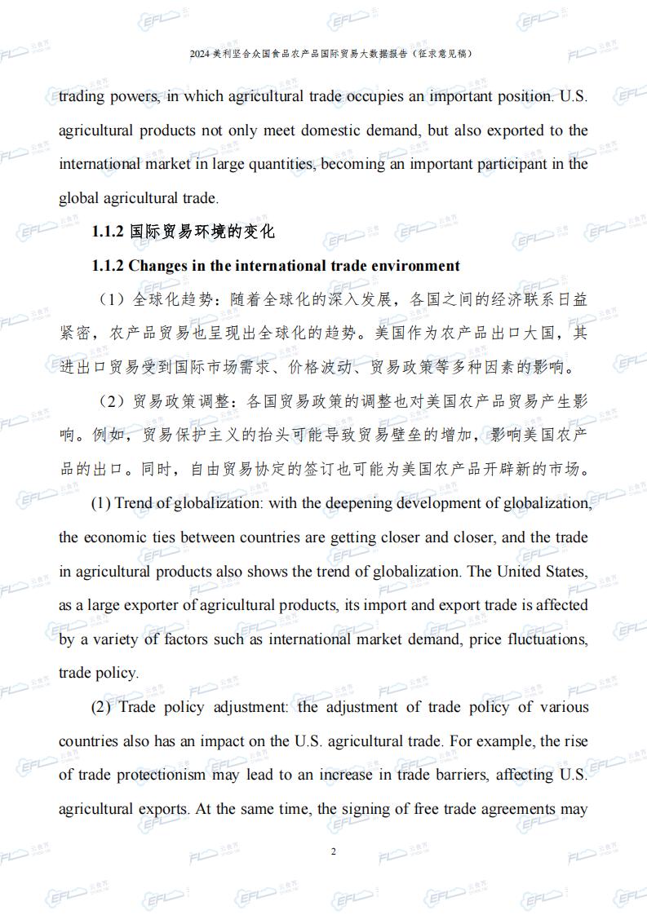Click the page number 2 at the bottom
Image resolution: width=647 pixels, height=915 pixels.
[333, 851]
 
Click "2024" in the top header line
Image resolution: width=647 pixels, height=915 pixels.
[199, 54]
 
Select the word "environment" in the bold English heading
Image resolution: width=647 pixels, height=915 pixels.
[414, 266]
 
